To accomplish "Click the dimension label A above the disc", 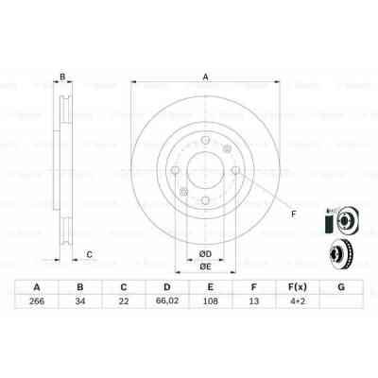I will (x=204, y=78).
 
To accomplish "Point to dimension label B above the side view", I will (x=62, y=77).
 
